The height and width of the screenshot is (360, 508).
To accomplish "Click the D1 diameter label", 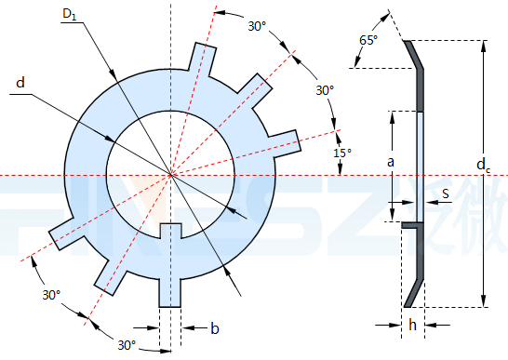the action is [x=70, y=15].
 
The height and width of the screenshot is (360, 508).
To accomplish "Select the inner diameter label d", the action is [x=20, y=83].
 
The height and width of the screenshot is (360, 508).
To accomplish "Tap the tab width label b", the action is [x=215, y=328].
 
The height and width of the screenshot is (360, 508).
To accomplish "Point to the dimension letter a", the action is [x=391, y=161].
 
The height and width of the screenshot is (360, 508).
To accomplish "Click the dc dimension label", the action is [x=484, y=165].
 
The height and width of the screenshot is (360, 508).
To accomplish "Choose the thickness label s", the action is [x=446, y=193].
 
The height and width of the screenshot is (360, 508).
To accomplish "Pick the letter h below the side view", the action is [x=412, y=325].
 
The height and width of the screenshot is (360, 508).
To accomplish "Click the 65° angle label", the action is [x=368, y=40].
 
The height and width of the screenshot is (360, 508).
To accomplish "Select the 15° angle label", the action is [x=342, y=153].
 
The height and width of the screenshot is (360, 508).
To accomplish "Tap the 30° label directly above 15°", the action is [x=325, y=90].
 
